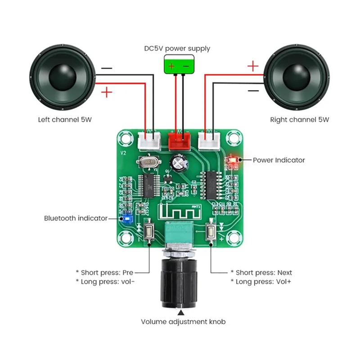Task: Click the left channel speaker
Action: (x=63, y=79)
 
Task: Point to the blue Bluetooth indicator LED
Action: (x=126, y=219)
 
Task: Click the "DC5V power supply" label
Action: (x=177, y=49)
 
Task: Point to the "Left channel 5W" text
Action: (x=63, y=120)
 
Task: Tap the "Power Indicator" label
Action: (x=279, y=160)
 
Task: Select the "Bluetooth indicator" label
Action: (x=76, y=218)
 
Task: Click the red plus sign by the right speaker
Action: (x=253, y=67)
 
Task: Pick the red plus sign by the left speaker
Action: (x=107, y=93)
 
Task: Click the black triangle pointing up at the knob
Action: (x=181, y=311)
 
